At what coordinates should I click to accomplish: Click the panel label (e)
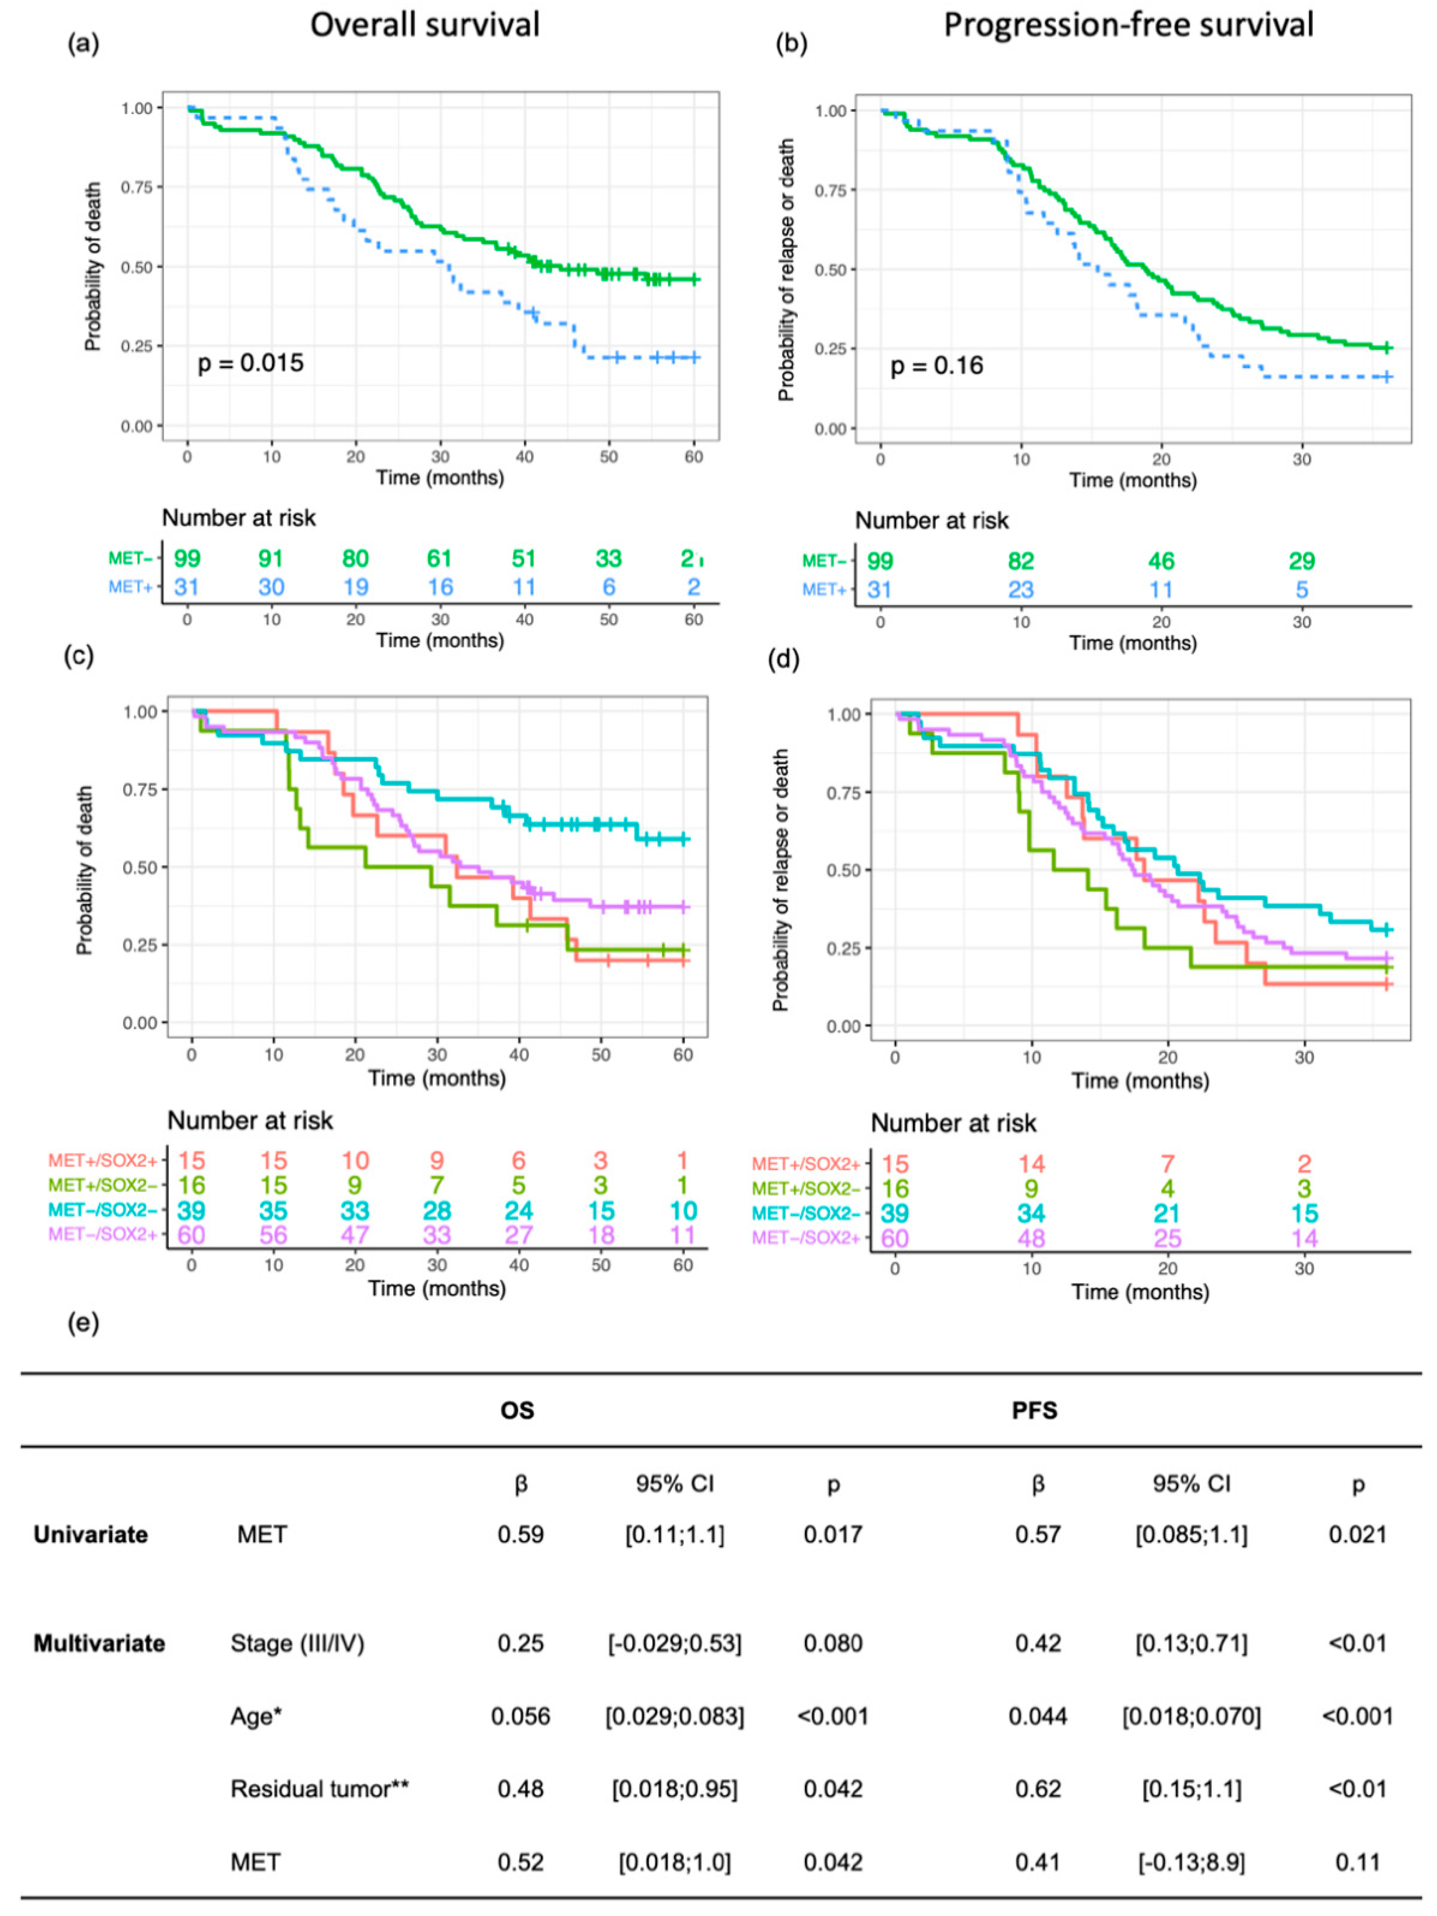point(83,1324)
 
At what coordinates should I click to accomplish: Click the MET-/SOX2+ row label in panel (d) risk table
point(805,1238)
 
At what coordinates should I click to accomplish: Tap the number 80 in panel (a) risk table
point(355,559)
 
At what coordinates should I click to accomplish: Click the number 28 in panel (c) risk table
point(436,1210)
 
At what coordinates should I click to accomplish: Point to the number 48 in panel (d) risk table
point(1031,1238)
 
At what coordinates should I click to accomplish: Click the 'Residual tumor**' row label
point(320,1789)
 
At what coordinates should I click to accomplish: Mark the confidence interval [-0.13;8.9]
point(1191,1861)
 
